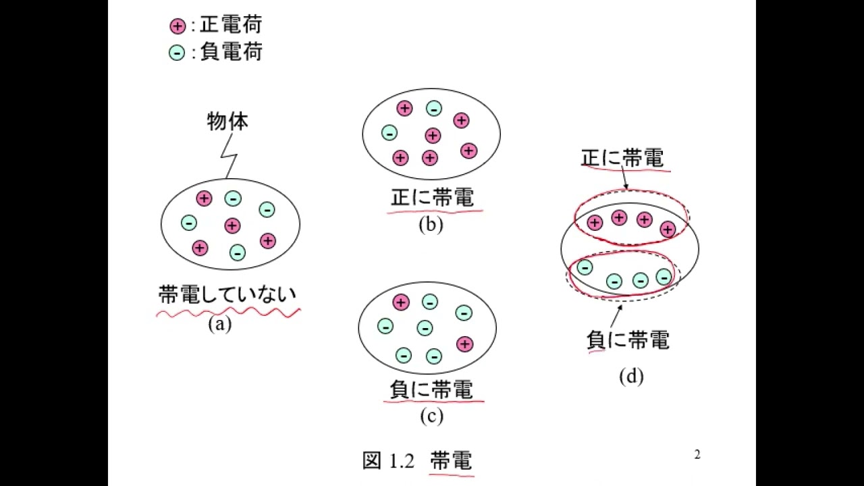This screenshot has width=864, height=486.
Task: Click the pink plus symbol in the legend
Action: (x=177, y=26)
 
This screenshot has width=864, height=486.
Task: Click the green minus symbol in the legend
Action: (x=177, y=52)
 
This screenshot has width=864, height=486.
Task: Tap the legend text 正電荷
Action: (x=231, y=26)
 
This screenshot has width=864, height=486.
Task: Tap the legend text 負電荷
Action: (x=231, y=51)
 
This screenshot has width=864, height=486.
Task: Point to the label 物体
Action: (x=227, y=122)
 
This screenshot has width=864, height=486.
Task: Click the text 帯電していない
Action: (x=227, y=295)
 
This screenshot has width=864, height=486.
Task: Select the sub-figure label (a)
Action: (x=220, y=324)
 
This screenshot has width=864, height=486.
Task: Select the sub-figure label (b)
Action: (x=431, y=225)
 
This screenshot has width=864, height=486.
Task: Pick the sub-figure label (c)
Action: (x=431, y=416)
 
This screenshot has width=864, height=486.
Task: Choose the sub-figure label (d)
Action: (x=631, y=376)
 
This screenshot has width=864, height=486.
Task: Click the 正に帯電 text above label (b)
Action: (x=433, y=198)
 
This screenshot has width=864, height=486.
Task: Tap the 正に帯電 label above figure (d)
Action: (x=622, y=159)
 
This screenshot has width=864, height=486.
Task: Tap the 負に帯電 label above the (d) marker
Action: (x=628, y=340)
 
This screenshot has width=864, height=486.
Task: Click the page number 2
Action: (x=697, y=455)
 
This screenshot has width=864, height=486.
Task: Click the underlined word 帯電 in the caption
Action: (x=451, y=460)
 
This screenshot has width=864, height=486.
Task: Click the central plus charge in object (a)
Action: (x=232, y=225)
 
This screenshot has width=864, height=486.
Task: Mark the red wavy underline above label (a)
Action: (x=227, y=312)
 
